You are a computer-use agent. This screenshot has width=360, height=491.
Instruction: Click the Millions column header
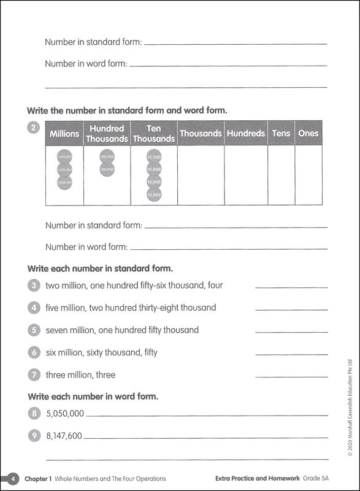65,133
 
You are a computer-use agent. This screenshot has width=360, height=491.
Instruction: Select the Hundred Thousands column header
107,133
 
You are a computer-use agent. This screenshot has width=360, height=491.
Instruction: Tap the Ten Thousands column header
154,133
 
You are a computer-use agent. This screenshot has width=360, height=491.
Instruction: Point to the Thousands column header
201,133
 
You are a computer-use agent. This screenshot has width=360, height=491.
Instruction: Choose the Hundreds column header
245,133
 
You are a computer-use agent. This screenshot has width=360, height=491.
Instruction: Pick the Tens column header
281,133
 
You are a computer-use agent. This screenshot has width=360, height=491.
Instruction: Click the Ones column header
308,133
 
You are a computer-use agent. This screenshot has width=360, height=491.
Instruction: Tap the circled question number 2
34,128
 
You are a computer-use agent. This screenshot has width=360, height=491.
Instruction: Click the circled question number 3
34,285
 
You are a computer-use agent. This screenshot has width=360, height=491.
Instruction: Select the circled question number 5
34,330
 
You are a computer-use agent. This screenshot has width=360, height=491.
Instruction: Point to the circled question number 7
34,375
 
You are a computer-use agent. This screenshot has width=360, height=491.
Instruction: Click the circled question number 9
34,436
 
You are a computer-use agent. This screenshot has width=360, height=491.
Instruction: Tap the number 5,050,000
65,414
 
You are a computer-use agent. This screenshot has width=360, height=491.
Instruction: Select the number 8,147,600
64,436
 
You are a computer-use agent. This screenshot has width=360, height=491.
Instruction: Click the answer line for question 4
291,310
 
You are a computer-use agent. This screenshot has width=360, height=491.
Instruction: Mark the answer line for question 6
291,355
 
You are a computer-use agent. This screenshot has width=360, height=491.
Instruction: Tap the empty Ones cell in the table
308,175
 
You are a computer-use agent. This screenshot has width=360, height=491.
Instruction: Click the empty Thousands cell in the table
201,175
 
